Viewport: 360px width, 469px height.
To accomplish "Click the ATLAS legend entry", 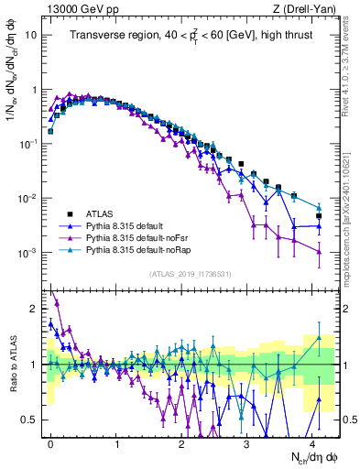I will point(100,212).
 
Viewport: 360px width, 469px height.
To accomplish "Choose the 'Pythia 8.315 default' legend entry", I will point(130,224).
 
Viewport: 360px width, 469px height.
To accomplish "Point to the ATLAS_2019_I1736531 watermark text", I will point(190,274).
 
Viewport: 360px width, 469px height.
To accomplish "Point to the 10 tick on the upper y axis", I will point(30,36).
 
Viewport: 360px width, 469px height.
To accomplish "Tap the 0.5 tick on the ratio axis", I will point(27,420).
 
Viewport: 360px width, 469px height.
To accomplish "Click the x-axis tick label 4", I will point(312,441).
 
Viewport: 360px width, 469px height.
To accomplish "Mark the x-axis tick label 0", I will point(50,441).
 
